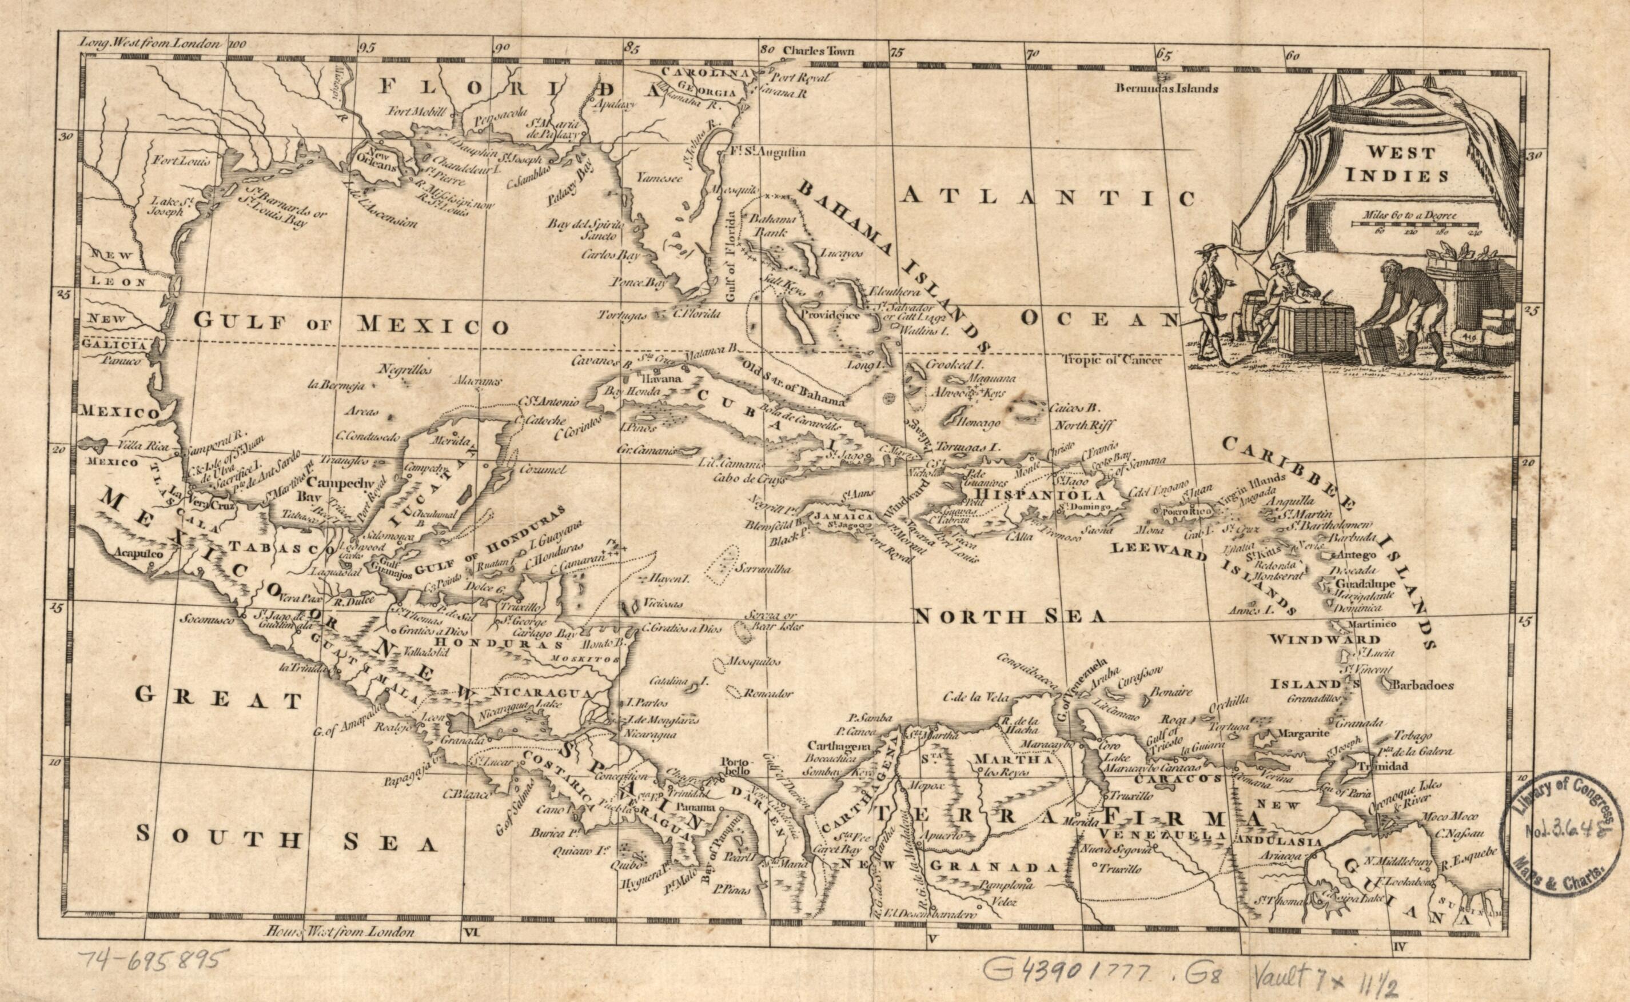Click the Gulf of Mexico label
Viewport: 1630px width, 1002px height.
(351, 324)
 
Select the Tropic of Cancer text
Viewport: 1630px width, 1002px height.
(1114, 361)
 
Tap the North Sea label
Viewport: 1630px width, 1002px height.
(1009, 617)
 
